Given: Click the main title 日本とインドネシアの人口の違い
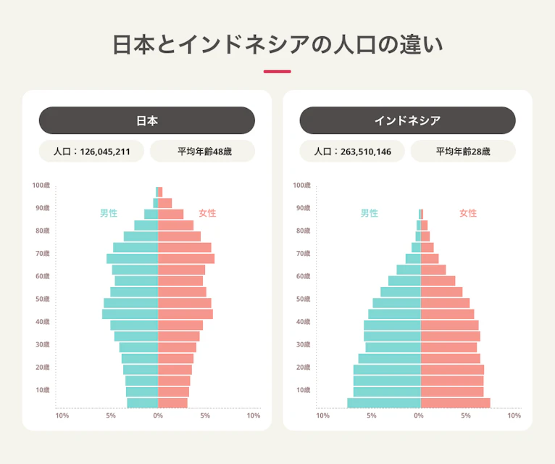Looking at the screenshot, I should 277,44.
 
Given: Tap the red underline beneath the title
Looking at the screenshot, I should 277,72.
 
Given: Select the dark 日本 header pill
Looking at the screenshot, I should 146,120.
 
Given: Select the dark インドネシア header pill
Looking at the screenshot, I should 407,120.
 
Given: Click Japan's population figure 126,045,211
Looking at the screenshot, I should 105,152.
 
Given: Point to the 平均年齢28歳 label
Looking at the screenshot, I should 463,152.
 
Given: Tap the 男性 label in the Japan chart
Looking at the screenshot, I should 109,213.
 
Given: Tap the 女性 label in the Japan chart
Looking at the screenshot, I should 207,213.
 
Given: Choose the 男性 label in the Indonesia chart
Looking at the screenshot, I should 370,213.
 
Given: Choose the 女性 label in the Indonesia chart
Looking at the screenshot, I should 468,213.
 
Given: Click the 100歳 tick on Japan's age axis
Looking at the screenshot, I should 41,186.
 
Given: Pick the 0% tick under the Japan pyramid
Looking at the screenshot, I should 158,416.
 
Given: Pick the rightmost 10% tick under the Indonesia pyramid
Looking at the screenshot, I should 514,416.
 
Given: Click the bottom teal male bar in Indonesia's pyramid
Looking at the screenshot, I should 383,403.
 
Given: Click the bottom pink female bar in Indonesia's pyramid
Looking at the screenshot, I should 455,403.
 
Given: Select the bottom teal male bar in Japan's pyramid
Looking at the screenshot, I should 142,403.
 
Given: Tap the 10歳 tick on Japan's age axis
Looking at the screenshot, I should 42,390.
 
